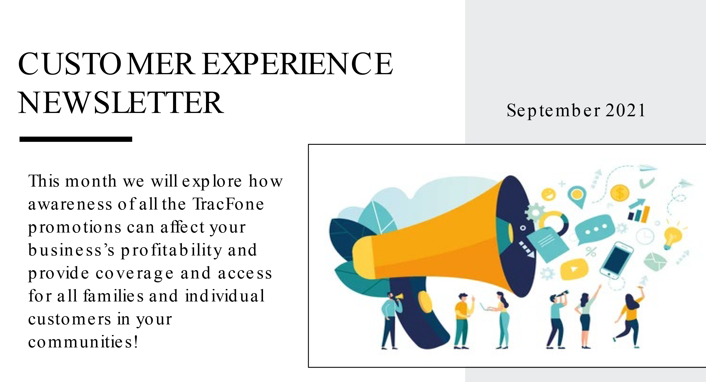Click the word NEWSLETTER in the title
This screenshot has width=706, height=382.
click(121, 103)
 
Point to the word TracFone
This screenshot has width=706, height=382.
click(228, 204)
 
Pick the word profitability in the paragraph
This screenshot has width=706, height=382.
click(171, 251)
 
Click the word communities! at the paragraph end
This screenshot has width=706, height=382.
click(83, 342)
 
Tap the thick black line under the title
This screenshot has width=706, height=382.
click(76, 139)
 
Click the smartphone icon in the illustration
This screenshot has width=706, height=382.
click(616, 260)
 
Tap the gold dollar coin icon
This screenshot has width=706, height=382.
click(620, 193)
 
